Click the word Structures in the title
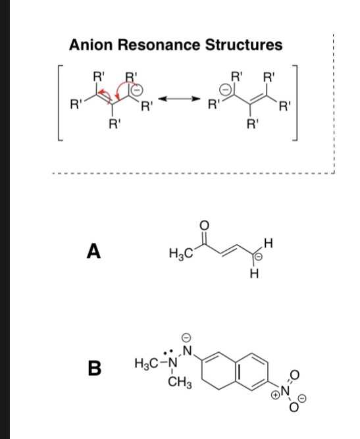point(244,45)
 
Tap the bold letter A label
point(95,251)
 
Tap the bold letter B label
point(95,368)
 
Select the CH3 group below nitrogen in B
point(175,384)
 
